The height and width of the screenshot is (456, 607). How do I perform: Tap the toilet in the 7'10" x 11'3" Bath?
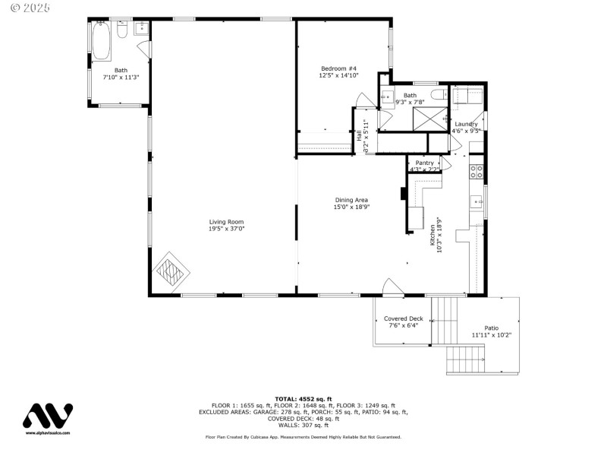click(x=122, y=31)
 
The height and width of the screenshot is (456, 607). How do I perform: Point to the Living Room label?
click(x=225, y=222)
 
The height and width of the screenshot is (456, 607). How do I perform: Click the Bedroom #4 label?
click(x=338, y=69)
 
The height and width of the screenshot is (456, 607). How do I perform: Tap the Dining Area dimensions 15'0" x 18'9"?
click(x=351, y=207)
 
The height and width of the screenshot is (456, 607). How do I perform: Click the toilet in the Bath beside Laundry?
click(x=438, y=94)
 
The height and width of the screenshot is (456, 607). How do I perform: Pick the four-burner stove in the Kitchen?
click(x=476, y=171)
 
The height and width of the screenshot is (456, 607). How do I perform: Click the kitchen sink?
click(x=476, y=201)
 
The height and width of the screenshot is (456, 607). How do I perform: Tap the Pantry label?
click(x=424, y=163)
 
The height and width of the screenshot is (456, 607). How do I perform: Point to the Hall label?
click(x=359, y=136)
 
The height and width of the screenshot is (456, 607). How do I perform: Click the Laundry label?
click(x=466, y=124)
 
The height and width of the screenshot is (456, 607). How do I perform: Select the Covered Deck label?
click(x=403, y=318)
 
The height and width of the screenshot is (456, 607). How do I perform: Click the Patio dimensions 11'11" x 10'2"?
click(x=492, y=334)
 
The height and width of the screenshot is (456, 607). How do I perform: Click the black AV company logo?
click(x=47, y=416)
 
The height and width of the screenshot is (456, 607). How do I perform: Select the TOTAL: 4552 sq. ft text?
click(x=303, y=398)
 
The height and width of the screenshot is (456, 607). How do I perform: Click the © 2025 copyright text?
click(x=30, y=7)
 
